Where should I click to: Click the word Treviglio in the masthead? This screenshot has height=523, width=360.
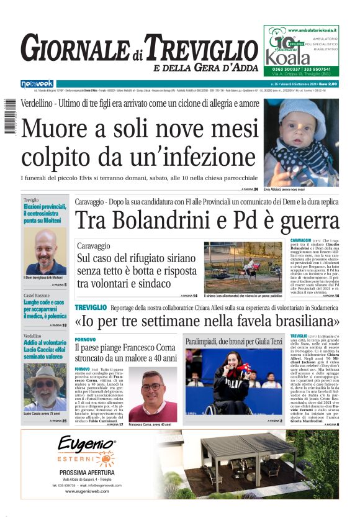[196, 48]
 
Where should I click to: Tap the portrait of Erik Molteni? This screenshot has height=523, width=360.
[45, 252]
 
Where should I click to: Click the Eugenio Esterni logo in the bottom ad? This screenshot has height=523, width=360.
[86, 450]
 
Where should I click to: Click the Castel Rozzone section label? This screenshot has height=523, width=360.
[37, 295]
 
